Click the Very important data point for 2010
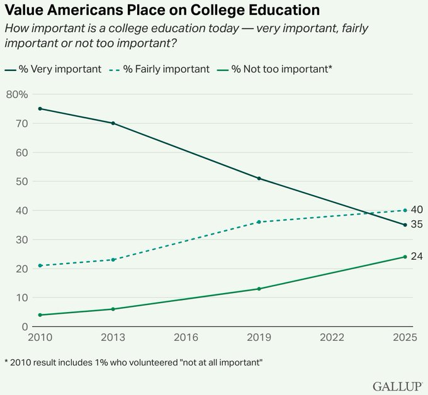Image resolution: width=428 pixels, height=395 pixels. (x=40, y=109)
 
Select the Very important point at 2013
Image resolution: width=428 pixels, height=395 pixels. (x=113, y=123)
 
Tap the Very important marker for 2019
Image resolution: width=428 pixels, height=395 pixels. (x=259, y=179)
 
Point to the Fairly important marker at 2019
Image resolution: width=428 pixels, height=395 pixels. (x=259, y=222)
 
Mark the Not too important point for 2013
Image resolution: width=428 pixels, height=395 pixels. (x=113, y=309)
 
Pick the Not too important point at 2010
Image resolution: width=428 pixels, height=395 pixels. (x=40, y=314)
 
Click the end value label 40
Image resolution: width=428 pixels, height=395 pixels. (x=417, y=209)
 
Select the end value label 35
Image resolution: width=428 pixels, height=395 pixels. (x=417, y=225)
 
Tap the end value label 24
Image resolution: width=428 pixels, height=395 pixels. (x=417, y=256)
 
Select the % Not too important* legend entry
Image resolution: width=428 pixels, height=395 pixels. (x=277, y=69)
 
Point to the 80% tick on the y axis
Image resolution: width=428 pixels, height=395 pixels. (x=17, y=94)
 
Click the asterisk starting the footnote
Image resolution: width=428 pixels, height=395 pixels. (x=6, y=362)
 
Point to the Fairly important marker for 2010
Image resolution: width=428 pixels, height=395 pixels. (x=40, y=265)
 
